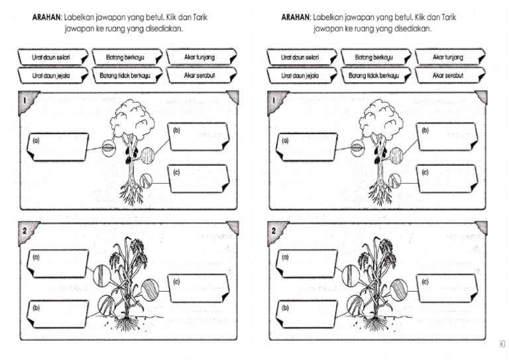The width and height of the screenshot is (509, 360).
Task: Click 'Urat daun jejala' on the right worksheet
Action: pyautogui.click(x=300, y=76)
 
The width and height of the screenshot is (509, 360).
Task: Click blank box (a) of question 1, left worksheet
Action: pyautogui.click(x=58, y=147)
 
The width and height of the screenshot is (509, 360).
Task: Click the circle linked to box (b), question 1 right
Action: pyautogui.click(x=396, y=156)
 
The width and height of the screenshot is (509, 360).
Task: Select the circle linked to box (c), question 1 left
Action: pyautogui.click(x=147, y=179)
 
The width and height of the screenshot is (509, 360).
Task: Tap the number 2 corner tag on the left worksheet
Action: pyautogui.click(x=25, y=231)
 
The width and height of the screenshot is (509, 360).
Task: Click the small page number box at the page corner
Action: pyautogui.click(x=502, y=343)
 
